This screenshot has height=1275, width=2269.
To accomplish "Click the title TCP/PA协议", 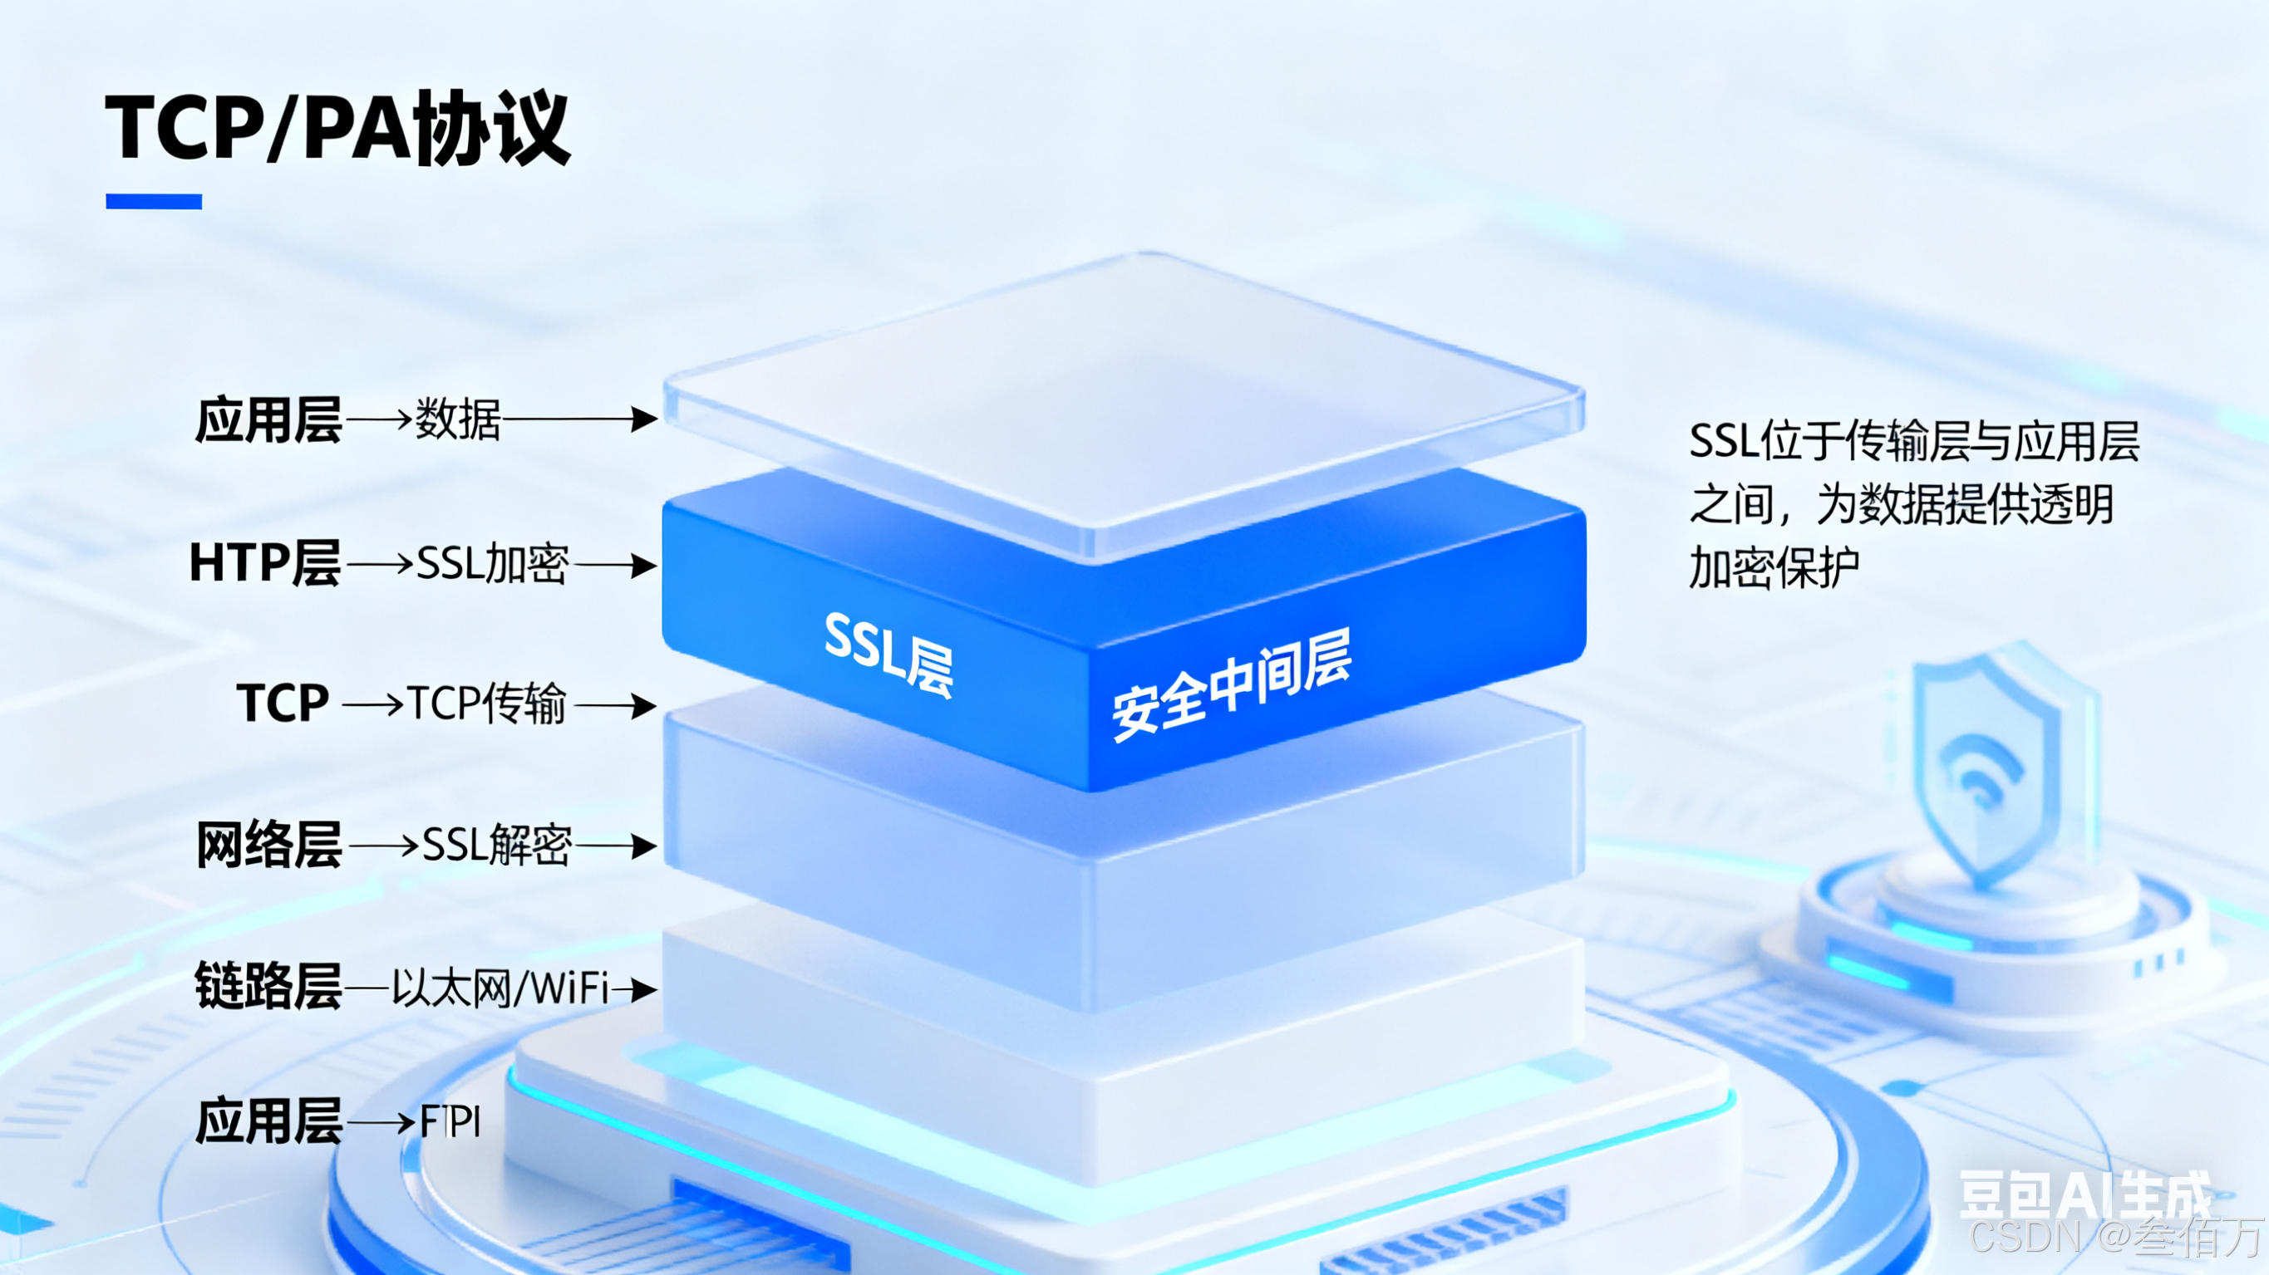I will click(x=338, y=129).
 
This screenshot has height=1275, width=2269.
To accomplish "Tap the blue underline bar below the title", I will click(x=153, y=202).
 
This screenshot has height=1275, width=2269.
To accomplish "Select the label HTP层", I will click(x=265, y=562).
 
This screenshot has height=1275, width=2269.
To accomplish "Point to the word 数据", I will click(x=457, y=419).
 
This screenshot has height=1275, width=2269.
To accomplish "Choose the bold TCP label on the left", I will click(x=283, y=704).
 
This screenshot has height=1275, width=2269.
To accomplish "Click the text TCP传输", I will click(x=486, y=704).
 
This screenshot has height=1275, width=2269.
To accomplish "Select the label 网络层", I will click(x=268, y=846).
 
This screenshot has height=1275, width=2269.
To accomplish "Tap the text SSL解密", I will click(x=497, y=846).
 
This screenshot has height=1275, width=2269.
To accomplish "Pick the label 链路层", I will click(x=268, y=986).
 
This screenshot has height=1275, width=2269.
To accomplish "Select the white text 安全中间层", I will click(x=1232, y=685).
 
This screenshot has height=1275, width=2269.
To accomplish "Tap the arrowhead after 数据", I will click(x=645, y=419).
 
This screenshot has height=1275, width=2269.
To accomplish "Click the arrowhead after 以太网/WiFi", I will click(x=645, y=988).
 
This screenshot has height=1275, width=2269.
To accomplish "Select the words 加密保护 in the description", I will click(x=1773, y=567).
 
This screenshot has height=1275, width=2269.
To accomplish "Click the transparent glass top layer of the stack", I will click(x=1124, y=396).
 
